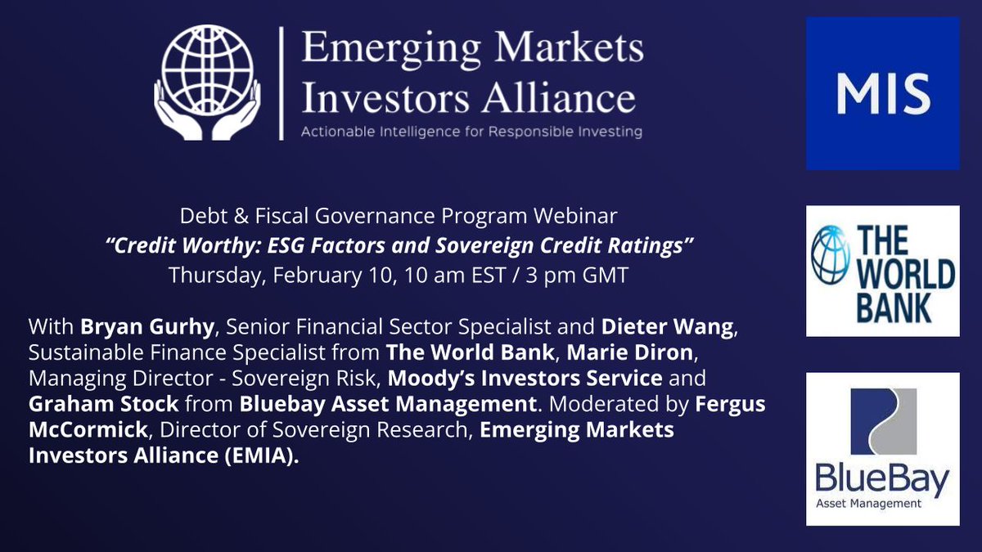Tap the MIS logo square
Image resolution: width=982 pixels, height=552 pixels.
882,93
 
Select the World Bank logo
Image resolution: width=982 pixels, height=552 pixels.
882,271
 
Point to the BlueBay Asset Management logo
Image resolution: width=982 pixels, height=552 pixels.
882,449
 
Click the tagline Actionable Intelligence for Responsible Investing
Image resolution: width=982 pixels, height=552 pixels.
471,132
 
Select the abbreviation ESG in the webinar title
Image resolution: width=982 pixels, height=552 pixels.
315,247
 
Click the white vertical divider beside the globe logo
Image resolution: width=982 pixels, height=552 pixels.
281,83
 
